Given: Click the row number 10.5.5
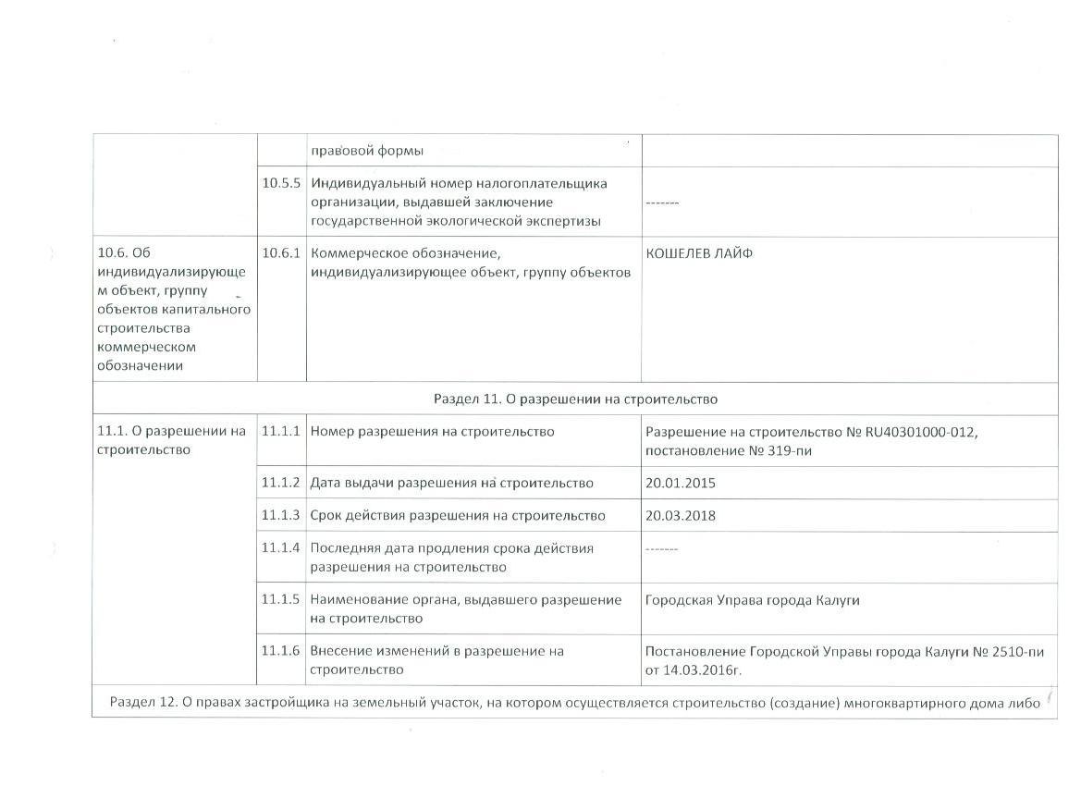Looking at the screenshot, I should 281,183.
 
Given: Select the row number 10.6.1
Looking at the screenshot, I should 281,253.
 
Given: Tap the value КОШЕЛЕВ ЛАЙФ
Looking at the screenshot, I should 699,253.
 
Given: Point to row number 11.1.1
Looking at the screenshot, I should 281,432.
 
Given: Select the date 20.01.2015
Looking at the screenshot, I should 681,483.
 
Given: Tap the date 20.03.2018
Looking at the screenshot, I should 681,515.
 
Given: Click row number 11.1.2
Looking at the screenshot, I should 281,483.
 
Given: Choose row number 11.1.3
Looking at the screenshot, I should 281,515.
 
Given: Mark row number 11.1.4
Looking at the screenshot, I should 281,548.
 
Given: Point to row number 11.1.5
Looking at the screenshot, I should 281,600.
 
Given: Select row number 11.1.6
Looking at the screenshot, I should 281,651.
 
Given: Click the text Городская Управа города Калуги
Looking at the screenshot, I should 753,600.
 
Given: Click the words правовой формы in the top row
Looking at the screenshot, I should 367,151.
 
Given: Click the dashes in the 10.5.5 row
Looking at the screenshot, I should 662,202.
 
